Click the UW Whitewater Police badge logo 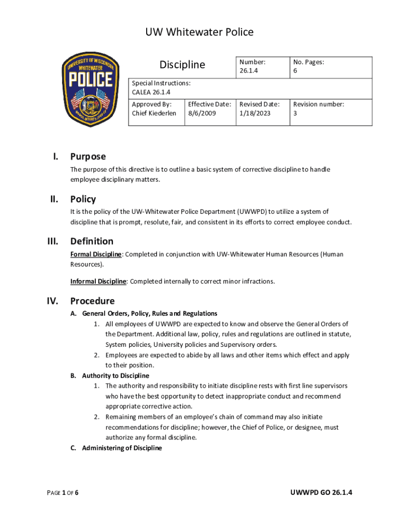91,89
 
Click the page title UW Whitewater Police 199,32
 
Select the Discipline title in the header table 182,65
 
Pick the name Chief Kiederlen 154,113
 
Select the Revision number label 318,104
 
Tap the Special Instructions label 161,83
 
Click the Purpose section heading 88,156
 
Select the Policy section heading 83,199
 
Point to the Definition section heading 92,241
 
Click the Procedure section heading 92,301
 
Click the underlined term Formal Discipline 96,254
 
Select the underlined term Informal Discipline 98,282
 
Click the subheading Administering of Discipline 122,448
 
